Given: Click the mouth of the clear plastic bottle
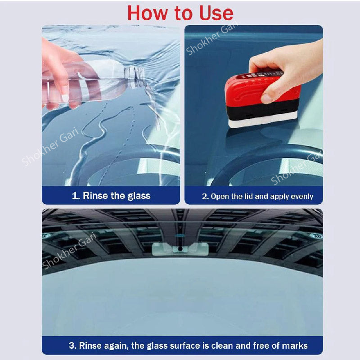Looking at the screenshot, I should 135,72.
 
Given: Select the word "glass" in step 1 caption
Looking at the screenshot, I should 137,196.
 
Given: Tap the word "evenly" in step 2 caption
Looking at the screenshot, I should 301,197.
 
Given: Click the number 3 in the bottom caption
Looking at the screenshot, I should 71,346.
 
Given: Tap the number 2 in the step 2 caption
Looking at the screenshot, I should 204,196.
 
